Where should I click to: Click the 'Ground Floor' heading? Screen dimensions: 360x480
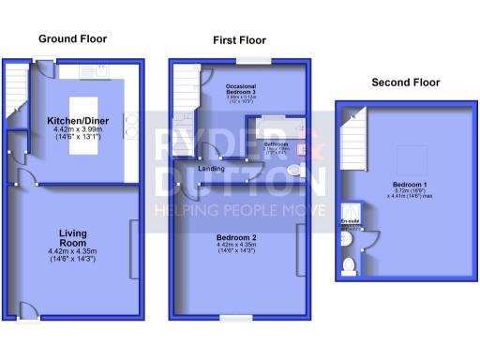72,39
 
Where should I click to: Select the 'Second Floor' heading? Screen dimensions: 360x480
405,82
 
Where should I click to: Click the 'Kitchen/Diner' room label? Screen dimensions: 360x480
80,121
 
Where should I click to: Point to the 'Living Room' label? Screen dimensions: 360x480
72,238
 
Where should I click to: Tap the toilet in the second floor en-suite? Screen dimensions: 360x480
349,266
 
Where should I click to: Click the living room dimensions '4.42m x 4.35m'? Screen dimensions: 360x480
72,251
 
